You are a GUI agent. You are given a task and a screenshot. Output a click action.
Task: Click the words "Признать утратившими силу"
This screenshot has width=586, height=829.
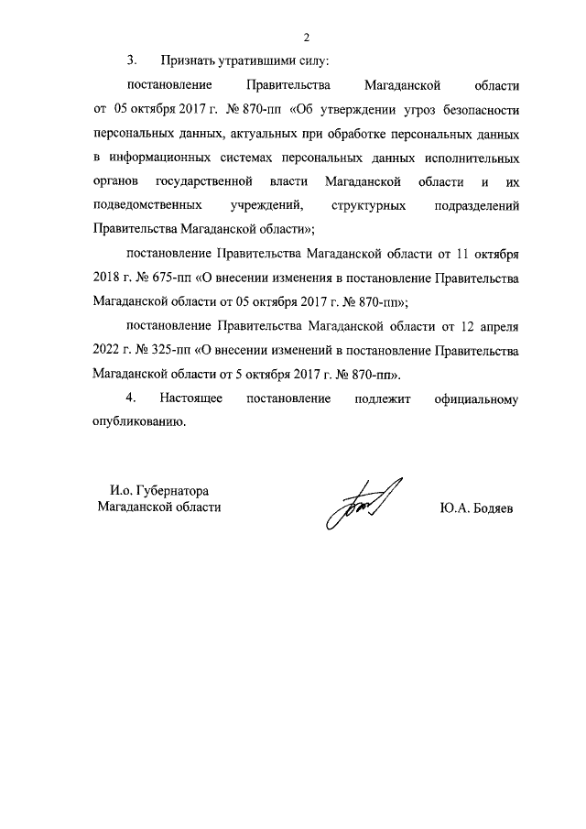(x=244, y=61)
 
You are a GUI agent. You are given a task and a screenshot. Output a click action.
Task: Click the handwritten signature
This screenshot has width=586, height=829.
(x=363, y=503)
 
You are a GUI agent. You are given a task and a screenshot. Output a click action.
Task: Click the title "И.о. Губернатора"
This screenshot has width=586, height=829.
(x=160, y=489)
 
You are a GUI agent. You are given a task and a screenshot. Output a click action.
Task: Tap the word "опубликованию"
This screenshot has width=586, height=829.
(x=139, y=421)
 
